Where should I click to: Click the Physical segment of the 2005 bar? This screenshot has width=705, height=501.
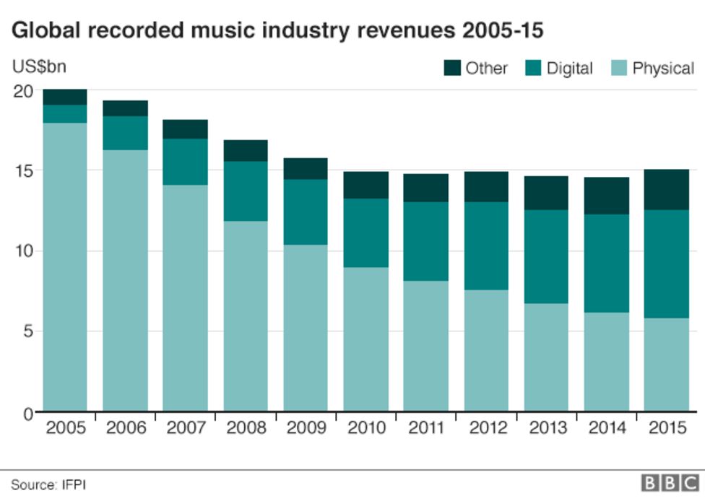pos(65,267)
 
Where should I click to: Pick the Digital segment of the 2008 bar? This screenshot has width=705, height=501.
pos(245,191)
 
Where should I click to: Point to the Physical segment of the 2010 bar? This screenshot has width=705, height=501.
pos(365,339)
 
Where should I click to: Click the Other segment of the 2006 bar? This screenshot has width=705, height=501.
pos(125,108)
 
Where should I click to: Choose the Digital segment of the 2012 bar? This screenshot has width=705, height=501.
pos(485,246)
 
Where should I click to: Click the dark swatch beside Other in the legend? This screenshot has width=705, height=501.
pos(451,69)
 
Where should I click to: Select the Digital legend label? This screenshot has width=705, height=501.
pos(569,69)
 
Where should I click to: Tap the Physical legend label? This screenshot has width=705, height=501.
pos(663,69)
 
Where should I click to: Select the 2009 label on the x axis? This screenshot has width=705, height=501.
pos(306,428)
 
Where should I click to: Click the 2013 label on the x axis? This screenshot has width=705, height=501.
pos(545,428)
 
